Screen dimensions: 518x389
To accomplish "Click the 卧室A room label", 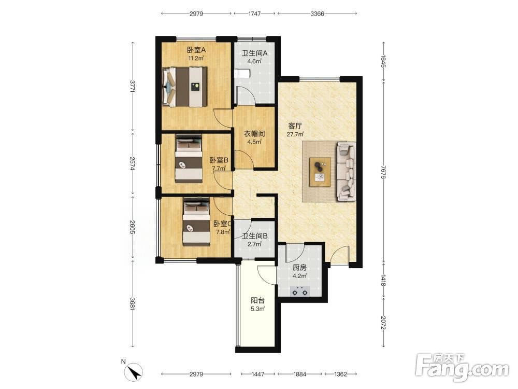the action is (x=196, y=50).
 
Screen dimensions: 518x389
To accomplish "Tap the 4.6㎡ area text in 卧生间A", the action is (x=254, y=61).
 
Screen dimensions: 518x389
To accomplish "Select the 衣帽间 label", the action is (x=254, y=134).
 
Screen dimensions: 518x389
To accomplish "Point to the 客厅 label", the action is (x=295, y=126).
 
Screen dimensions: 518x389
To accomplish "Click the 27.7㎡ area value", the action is (x=295, y=134).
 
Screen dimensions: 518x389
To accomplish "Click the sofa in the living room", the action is (x=346, y=171).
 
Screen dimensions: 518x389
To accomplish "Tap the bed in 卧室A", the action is (x=185, y=87).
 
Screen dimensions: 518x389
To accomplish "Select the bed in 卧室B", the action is (x=189, y=158).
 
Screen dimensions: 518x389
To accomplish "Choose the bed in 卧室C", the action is (x=196, y=221).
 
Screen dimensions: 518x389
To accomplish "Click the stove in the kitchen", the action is (x=300, y=292).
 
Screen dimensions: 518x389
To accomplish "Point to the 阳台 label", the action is (x=257, y=300).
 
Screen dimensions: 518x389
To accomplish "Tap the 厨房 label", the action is (x=299, y=268).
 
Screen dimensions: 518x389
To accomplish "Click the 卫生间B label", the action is (x=255, y=236).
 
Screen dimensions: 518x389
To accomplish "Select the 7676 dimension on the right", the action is (x=383, y=172).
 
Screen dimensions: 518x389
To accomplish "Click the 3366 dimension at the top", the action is (x=317, y=13).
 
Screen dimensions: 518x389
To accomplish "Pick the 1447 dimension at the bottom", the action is (x=258, y=374).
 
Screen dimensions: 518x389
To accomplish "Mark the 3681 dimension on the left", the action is (x=133, y=303).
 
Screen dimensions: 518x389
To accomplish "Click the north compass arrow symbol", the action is (x=135, y=372).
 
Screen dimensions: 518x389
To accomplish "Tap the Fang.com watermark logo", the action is (x=462, y=367).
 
